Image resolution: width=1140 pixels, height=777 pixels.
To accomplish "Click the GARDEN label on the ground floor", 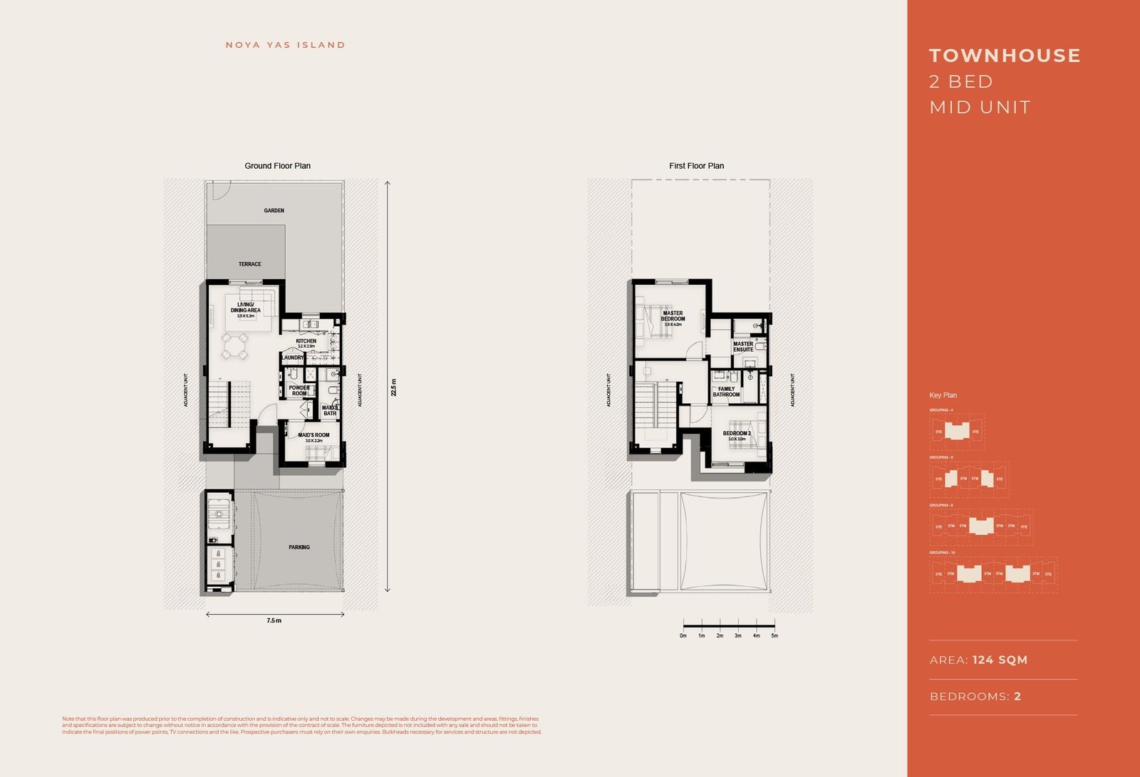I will click(274, 211).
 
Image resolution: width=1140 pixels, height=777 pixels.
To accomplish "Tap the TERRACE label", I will click(249, 264).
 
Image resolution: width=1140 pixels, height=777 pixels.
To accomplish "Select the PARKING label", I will click(299, 548).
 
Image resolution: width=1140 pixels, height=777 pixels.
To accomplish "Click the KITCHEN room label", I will click(306, 341).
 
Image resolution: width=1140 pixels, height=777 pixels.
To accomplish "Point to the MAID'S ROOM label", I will click(313, 435).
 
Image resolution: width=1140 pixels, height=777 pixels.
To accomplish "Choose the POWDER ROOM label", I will click(299, 391).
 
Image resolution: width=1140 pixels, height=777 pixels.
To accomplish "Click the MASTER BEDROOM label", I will click(673, 316).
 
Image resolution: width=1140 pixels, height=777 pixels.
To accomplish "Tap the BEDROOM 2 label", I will click(737, 434).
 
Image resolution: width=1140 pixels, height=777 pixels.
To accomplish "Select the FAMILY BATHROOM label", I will click(726, 392).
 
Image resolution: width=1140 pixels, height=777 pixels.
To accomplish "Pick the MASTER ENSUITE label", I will click(743, 347).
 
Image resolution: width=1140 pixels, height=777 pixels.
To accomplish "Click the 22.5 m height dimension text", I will click(393, 387).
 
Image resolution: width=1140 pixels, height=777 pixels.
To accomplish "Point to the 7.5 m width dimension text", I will click(274, 621).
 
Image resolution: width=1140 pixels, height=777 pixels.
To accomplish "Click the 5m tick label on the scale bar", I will click(774, 636).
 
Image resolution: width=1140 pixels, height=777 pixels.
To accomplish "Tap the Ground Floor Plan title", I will click(277, 166).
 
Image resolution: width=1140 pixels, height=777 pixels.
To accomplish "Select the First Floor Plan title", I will click(696, 166).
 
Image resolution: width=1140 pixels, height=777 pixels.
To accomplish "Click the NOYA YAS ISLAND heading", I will click(285, 45).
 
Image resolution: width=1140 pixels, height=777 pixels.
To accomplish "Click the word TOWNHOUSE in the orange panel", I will click(1005, 56).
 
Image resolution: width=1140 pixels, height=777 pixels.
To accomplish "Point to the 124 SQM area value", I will click(1000, 660).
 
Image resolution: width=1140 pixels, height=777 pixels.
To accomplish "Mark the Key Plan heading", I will click(943, 395).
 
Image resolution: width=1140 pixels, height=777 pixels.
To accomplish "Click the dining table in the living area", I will click(234, 347).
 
